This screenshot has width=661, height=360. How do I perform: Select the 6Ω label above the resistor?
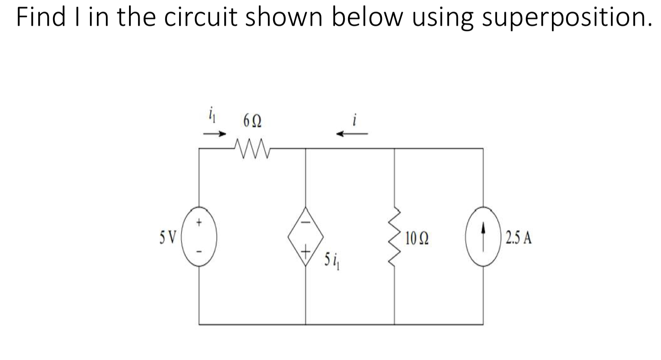(252, 121)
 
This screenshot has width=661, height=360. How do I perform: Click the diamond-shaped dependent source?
(306, 236)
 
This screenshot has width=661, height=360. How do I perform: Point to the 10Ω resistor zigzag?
(394, 237)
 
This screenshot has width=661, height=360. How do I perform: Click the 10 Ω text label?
(416, 238)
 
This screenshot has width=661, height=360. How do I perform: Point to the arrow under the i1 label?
(214, 133)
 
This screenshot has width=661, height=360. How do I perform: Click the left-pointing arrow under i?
(352, 133)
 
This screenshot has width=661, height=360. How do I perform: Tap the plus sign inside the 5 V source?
(199, 223)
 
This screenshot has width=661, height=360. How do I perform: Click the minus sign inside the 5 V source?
(199, 252)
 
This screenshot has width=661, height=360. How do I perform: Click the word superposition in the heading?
(564, 19)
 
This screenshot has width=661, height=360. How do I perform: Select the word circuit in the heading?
(199, 18)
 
